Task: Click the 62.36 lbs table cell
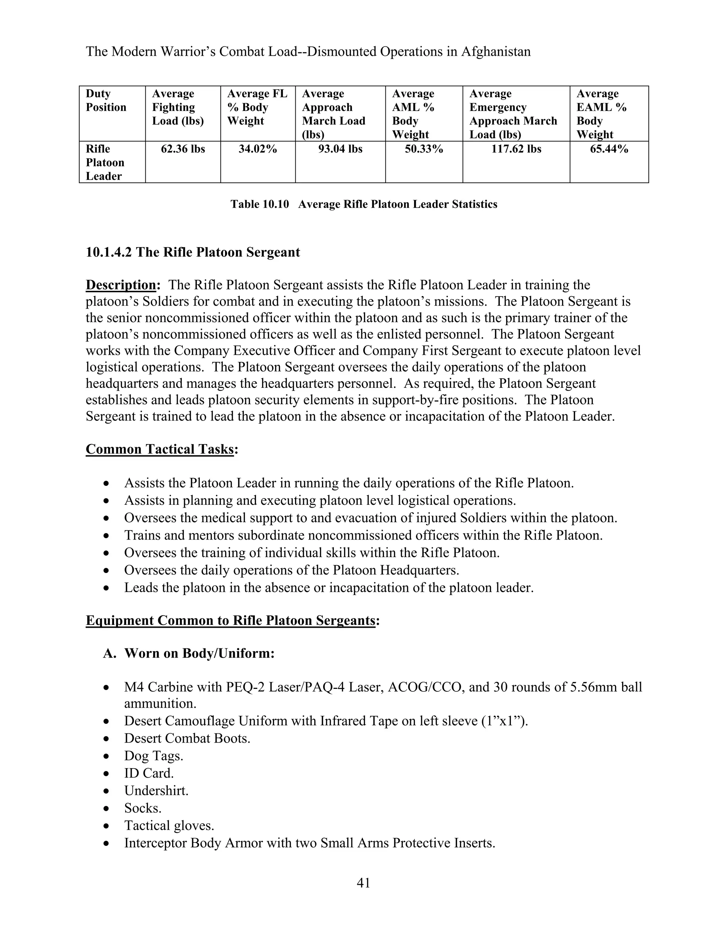pyautogui.click(x=183, y=149)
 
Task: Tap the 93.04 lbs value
pyautogui.click(x=340, y=149)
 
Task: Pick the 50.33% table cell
pyautogui.click(x=424, y=149)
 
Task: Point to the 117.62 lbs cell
pyautogui.click(x=516, y=149)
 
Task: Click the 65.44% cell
pyautogui.click(x=609, y=149)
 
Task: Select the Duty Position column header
pyautogui.click(x=106, y=101)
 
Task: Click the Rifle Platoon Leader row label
pyautogui.click(x=105, y=162)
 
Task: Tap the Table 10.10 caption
pyautogui.click(x=364, y=204)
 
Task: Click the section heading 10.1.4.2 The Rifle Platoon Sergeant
pyautogui.click(x=193, y=252)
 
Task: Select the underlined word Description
pyautogui.click(x=121, y=285)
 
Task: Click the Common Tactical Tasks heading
pyautogui.click(x=160, y=449)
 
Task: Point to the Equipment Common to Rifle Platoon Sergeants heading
pyautogui.click(x=230, y=621)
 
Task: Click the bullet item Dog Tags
pyautogui.click(x=154, y=756)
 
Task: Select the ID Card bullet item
pyautogui.click(x=149, y=774)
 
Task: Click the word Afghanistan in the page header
pyautogui.click(x=496, y=52)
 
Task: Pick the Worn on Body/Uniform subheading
pyautogui.click(x=199, y=653)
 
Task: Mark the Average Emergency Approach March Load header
pyautogui.click(x=513, y=114)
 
